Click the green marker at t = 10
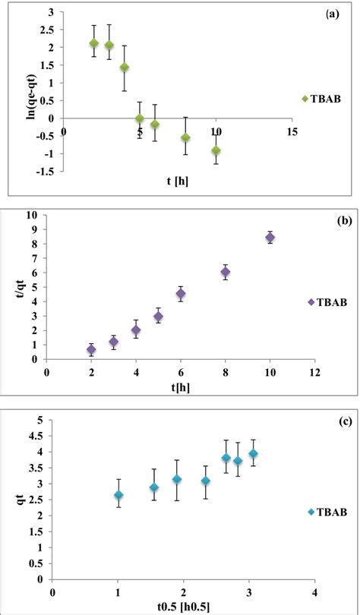[x=216, y=150]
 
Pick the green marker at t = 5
[x=140, y=118]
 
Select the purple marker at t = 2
[x=91, y=350]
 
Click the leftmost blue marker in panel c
[x=118, y=495]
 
